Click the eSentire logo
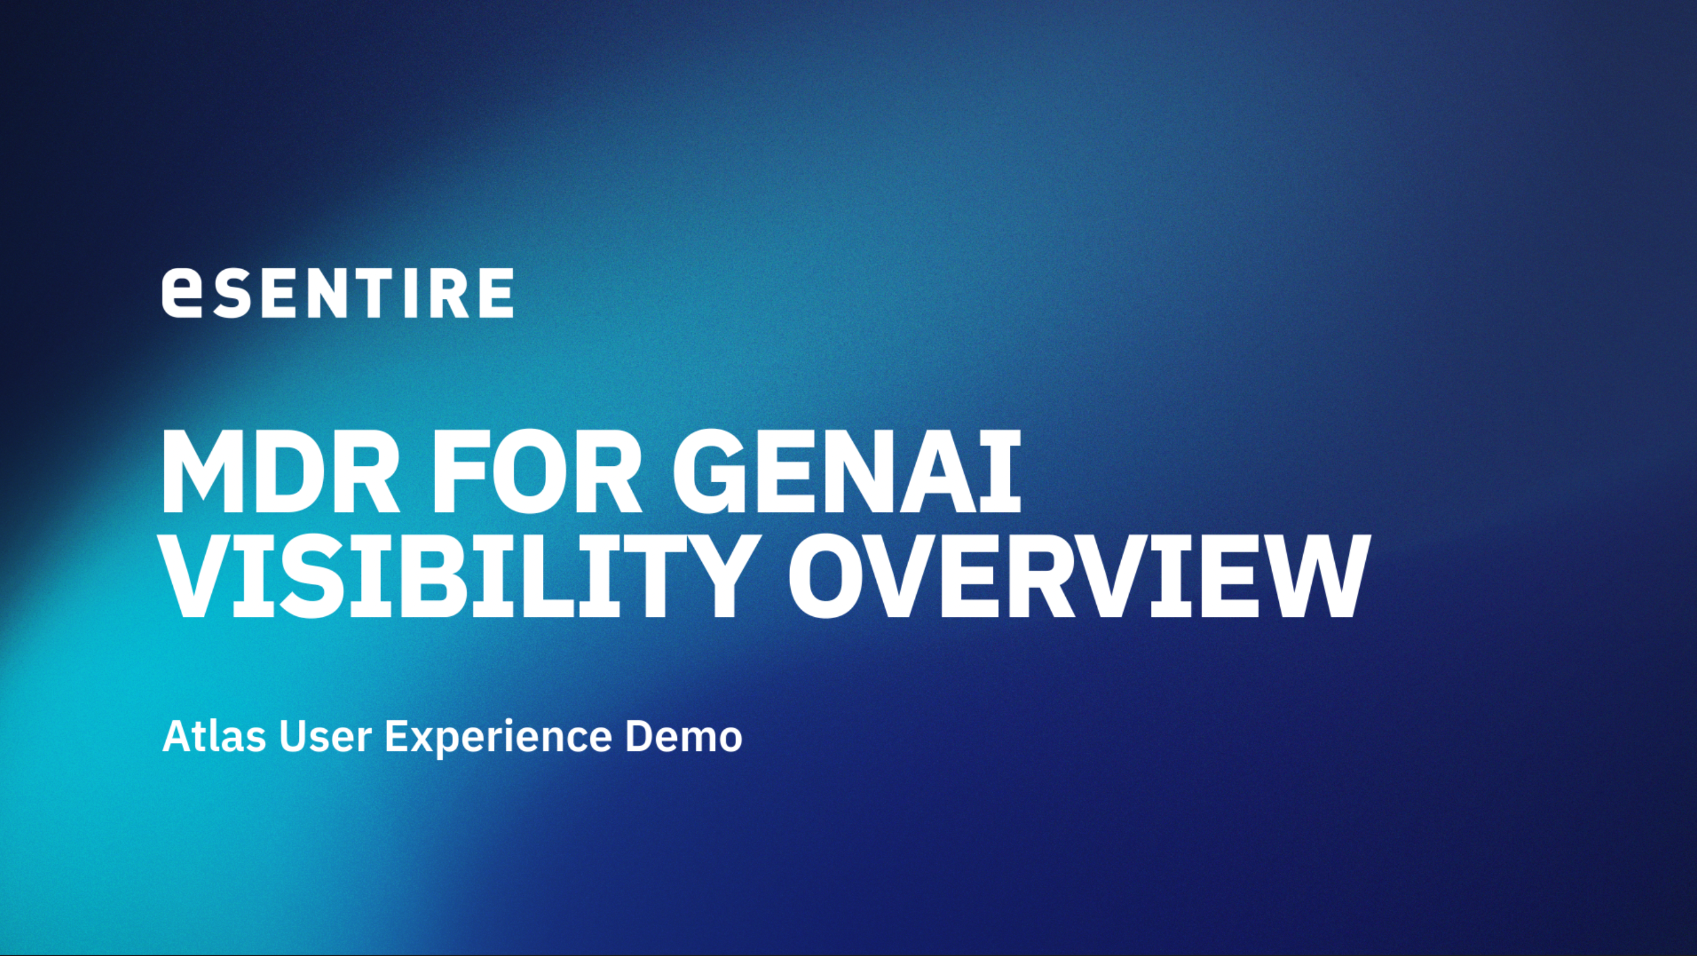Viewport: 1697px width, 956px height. point(337,292)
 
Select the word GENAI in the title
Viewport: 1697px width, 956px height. point(847,473)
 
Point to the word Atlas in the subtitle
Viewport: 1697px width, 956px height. point(214,736)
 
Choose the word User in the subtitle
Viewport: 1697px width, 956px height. point(326,737)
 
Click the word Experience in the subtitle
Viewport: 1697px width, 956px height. point(498,738)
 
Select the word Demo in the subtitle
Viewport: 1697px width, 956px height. point(684,737)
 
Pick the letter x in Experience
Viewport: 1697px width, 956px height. point(427,740)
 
